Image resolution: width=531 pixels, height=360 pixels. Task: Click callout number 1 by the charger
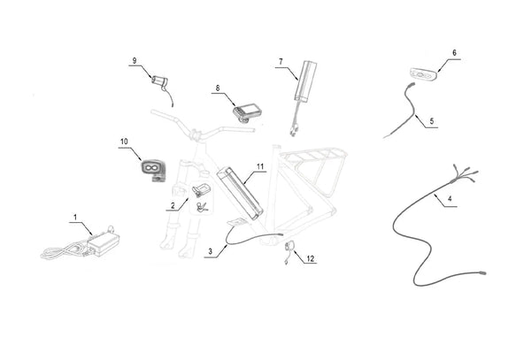[x=75, y=217]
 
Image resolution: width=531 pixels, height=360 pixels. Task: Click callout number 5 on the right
[x=433, y=120]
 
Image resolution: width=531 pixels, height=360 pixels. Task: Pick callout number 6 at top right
[x=455, y=53]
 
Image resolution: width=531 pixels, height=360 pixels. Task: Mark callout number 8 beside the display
[x=216, y=88]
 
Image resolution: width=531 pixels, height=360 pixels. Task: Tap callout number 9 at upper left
[x=135, y=60]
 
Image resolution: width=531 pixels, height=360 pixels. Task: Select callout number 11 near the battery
[x=259, y=165]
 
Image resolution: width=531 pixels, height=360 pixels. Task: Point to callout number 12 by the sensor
[x=309, y=259]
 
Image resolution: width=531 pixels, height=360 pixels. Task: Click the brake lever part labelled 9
[x=162, y=82]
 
